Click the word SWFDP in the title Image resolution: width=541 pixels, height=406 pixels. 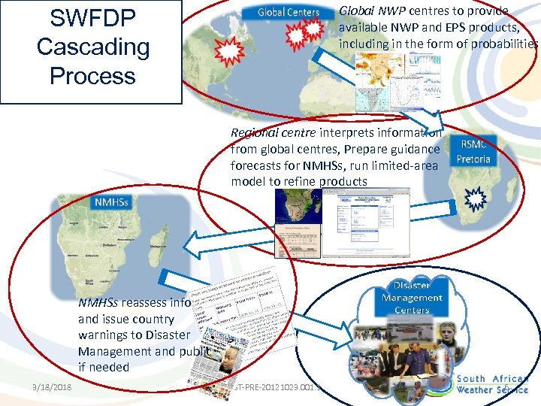click(x=92, y=17)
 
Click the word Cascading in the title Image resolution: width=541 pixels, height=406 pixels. click(x=92, y=47)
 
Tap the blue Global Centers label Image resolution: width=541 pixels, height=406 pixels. click(x=288, y=12)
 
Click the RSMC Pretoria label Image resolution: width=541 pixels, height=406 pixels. click(x=473, y=153)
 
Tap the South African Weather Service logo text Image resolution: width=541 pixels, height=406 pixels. click(x=492, y=384)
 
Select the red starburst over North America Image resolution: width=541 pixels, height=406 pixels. click(x=228, y=51)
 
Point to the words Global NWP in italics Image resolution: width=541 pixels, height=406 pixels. click(x=367, y=11)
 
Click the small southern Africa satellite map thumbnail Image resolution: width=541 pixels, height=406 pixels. click(x=300, y=204)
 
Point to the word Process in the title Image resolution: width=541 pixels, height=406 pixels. click(x=92, y=76)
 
